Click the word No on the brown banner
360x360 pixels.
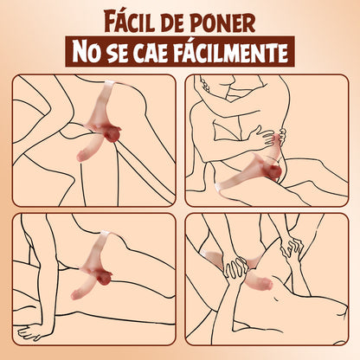pyautogui.click(x=94, y=52)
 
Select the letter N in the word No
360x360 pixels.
pyautogui.click(x=87, y=52)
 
